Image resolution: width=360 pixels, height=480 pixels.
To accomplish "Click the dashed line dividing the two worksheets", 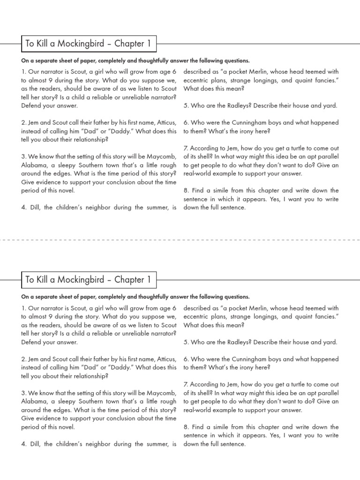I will pos(180,240).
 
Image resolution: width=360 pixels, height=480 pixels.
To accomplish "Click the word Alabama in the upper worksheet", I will pos(35,165).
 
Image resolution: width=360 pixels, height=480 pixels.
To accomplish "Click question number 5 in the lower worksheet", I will pos(186,342).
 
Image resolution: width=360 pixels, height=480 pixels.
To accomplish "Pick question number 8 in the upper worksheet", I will pos(186,190).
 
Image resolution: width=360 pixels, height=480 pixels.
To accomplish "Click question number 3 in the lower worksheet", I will pos(23,393).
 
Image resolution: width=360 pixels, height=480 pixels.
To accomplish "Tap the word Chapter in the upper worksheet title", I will pos(131,44).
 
